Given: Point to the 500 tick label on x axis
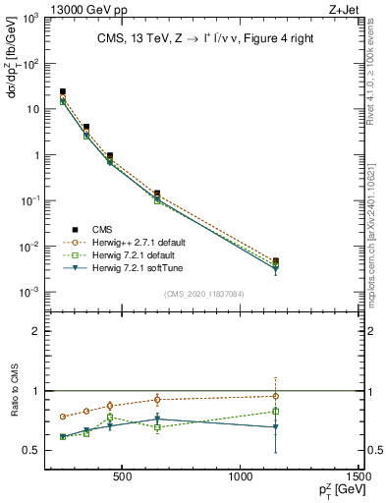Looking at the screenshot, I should click(x=123, y=476).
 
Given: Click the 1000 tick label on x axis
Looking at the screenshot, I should click(x=242, y=476).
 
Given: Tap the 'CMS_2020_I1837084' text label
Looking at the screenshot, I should click(x=204, y=294).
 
